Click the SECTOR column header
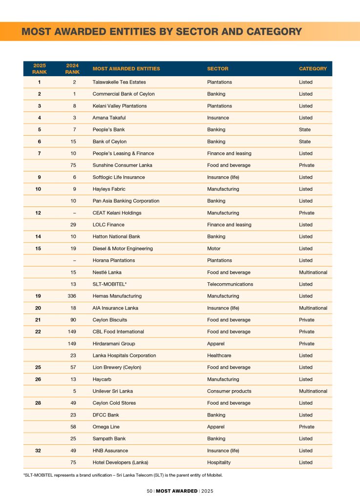217,69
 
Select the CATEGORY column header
313,69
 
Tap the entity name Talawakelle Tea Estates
119,82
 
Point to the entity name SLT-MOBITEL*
109,284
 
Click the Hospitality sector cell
219,462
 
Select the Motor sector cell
213,249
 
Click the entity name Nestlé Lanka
107,272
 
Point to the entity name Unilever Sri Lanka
112,391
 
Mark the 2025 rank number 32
38,451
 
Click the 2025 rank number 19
38,296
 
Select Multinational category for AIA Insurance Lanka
313,308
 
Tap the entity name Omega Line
106,427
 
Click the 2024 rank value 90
72,320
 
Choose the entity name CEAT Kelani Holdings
117,213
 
